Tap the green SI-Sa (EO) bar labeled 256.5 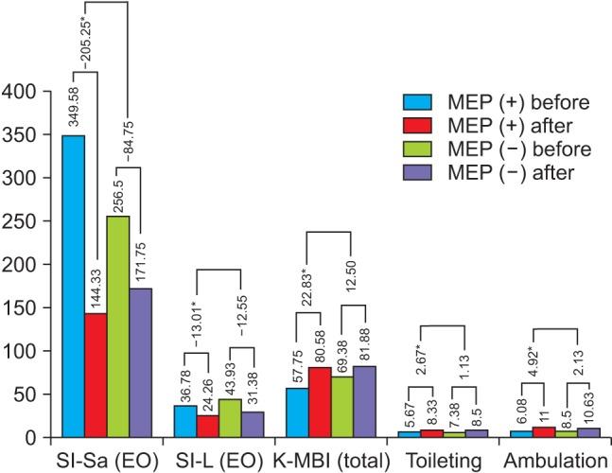118,326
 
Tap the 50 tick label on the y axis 29,394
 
